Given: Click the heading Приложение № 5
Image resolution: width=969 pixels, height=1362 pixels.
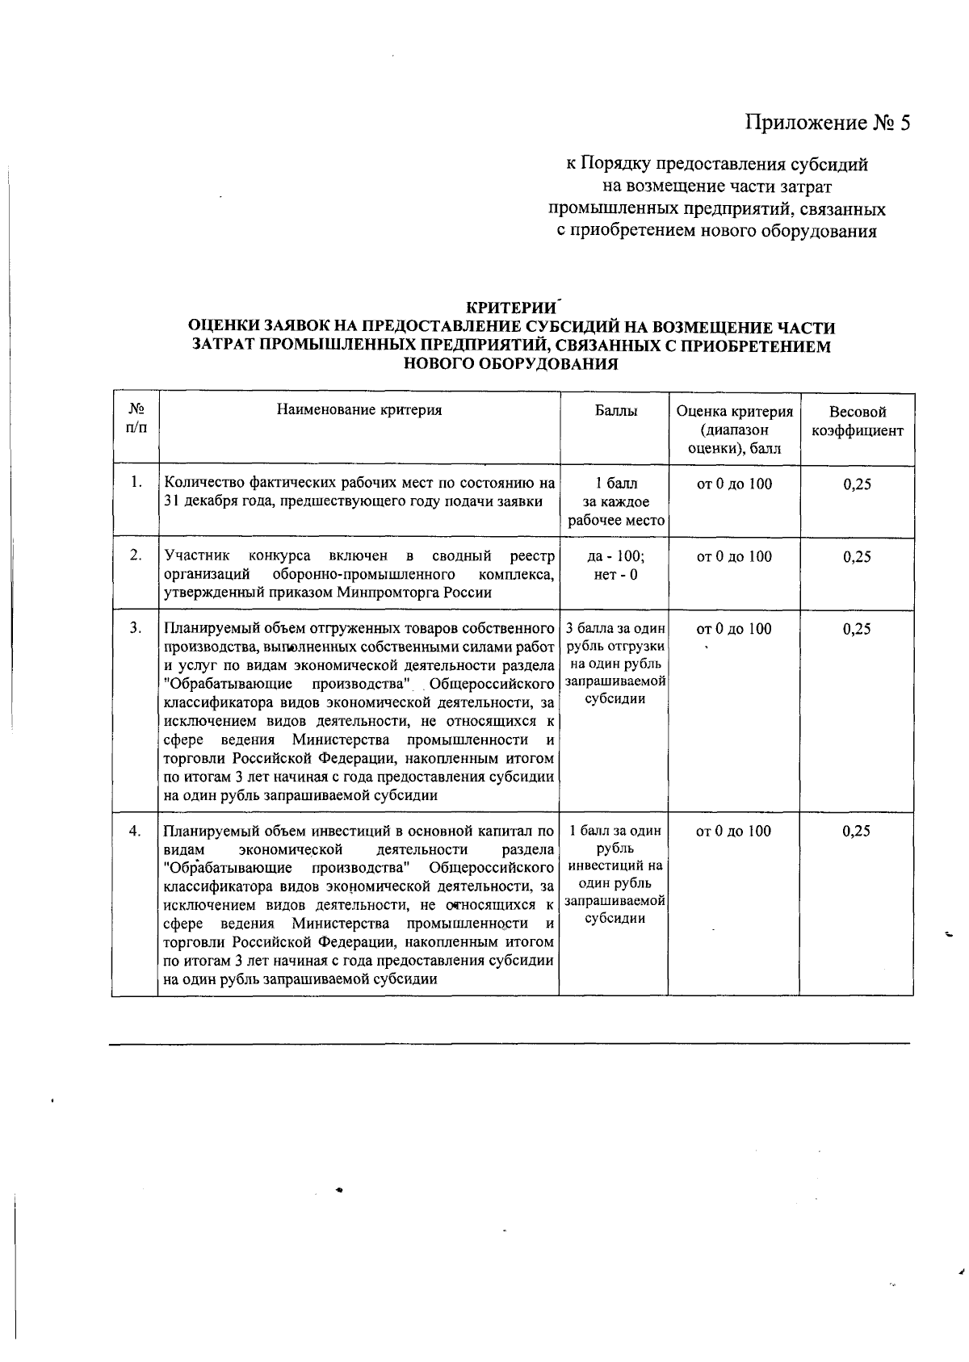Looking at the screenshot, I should click(x=827, y=123).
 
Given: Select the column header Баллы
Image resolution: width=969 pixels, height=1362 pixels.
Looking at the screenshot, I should click(x=615, y=411).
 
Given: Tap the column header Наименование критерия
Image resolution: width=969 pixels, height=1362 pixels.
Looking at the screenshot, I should click(x=359, y=410).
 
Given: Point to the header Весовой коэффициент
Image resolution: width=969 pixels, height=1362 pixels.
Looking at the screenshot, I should click(x=857, y=421).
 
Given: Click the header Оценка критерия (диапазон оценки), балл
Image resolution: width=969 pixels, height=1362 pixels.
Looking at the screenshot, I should click(x=734, y=430).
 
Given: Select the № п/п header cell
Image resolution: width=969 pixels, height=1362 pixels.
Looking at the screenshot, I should click(x=136, y=419).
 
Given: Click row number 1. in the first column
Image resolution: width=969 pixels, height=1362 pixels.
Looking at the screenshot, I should click(x=136, y=483).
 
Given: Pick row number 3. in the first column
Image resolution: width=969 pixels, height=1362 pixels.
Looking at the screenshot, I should click(x=136, y=628).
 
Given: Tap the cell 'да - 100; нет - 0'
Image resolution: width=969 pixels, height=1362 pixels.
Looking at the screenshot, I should click(x=615, y=565).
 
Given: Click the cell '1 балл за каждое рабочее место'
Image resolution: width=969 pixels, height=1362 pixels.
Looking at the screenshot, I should click(x=615, y=501).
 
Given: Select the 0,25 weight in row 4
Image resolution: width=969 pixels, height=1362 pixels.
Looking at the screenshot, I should click(x=856, y=831).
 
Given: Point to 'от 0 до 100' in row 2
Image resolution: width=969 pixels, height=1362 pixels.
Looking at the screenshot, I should click(x=733, y=556).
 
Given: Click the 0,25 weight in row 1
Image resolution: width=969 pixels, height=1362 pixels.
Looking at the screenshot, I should click(x=856, y=484).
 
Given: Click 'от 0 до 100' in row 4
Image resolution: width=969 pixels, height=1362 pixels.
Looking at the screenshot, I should click(x=733, y=831).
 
